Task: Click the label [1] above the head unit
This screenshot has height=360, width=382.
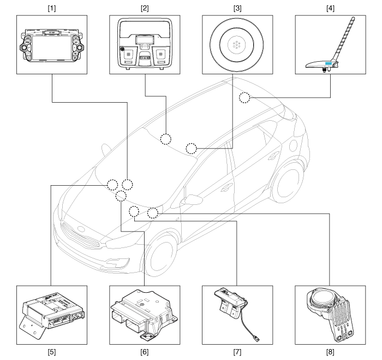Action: click(x=52, y=8)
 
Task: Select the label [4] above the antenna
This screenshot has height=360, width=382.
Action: click(x=330, y=8)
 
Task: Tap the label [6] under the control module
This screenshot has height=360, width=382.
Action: click(x=145, y=352)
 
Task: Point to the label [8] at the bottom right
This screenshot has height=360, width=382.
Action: click(x=330, y=352)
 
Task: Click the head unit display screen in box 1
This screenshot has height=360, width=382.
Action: click(x=52, y=48)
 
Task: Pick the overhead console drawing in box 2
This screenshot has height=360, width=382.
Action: click(x=145, y=44)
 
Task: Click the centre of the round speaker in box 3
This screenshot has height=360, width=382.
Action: click(x=236, y=45)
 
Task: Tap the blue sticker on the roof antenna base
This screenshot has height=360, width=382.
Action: click(x=328, y=63)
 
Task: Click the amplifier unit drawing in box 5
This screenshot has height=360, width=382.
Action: click(x=52, y=314)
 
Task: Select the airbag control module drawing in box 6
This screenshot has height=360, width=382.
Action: click(x=144, y=315)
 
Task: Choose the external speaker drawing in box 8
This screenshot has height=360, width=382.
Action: click(x=330, y=314)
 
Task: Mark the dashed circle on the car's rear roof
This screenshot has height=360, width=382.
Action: click(x=244, y=98)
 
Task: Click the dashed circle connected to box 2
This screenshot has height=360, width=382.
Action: click(x=166, y=139)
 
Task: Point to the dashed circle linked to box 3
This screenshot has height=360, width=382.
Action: click(x=191, y=149)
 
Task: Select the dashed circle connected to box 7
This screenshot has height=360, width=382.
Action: click(x=134, y=211)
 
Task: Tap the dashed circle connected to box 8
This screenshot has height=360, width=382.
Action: click(x=153, y=213)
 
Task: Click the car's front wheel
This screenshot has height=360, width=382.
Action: click(x=162, y=256)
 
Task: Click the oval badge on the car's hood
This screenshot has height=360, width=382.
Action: click(x=81, y=229)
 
